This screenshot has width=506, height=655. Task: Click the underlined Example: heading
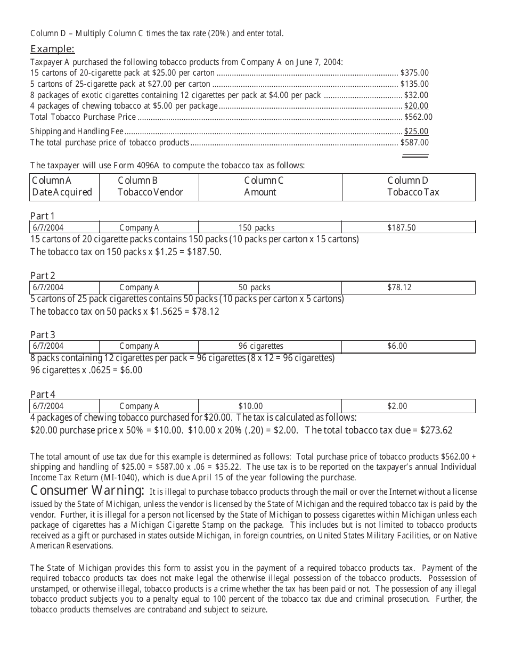pyautogui.click(x=52, y=50)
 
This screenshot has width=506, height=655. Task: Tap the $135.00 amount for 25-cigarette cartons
pyautogui.click(x=414, y=84)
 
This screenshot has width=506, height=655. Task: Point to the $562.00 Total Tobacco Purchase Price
pyautogui.click(x=418, y=117)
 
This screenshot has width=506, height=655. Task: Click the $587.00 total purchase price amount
pyautogui.click(x=414, y=143)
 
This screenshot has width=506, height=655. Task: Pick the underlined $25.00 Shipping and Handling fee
pyautogui.click(x=416, y=132)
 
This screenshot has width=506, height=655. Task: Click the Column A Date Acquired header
pyautogui.click(x=62, y=186)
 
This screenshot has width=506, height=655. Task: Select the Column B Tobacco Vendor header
pyautogui.click(x=150, y=186)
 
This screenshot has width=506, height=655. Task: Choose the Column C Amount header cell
pyautogui.click(x=263, y=186)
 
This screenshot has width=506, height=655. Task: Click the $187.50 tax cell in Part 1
pyautogui.click(x=402, y=228)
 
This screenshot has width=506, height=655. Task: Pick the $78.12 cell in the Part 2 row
pyautogui.click(x=399, y=288)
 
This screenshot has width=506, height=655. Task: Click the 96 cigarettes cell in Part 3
pyautogui.click(x=260, y=346)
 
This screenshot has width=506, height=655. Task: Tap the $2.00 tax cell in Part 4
pyautogui.click(x=397, y=406)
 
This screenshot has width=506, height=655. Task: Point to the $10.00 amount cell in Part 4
pyautogui.click(x=250, y=406)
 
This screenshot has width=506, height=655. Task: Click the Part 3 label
pyautogui.click(x=43, y=335)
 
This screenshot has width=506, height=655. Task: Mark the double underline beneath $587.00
pyautogui.click(x=415, y=155)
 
